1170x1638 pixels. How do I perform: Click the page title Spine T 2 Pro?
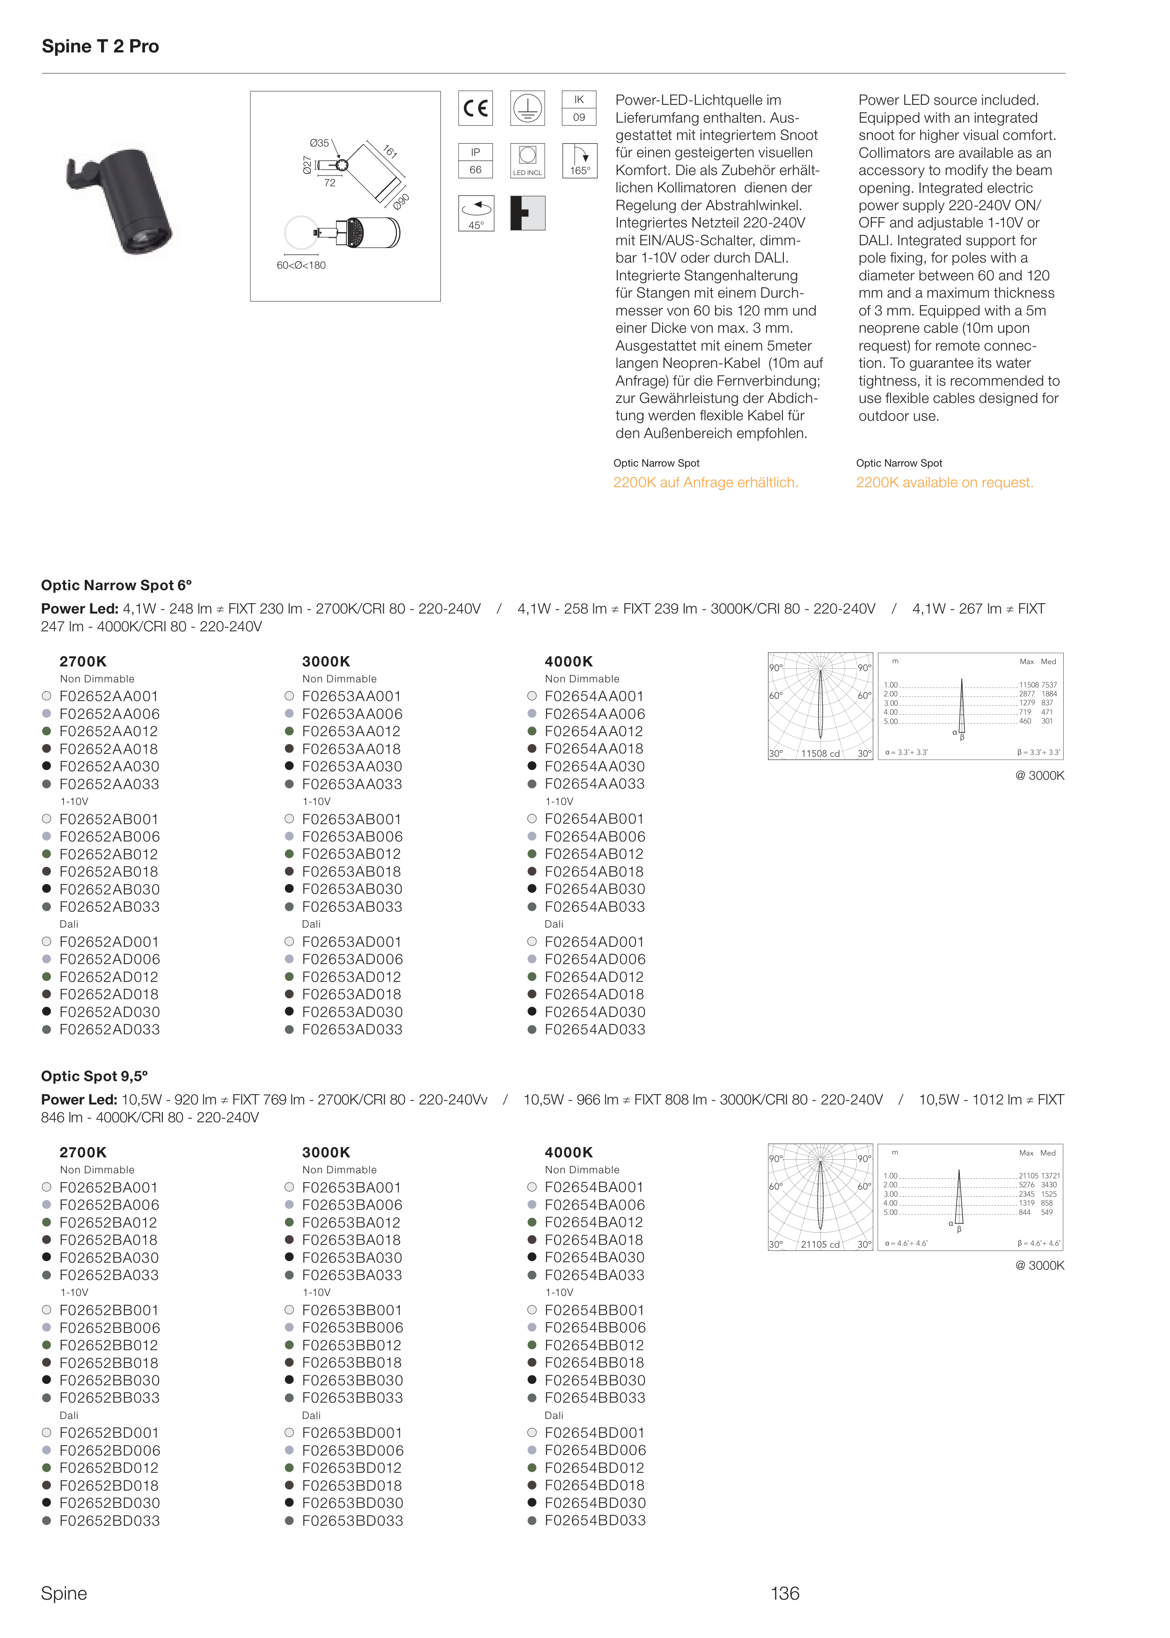point(100,46)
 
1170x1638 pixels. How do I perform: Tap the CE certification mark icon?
point(475,108)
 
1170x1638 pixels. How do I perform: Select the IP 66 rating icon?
point(475,161)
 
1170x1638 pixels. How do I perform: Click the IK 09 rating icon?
point(579,108)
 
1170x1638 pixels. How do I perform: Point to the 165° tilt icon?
point(579,161)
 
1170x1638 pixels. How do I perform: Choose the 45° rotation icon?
point(475,213)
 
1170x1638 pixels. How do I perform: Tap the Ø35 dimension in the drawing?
point(319,143)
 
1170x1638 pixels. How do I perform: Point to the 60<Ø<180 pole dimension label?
point(301,265)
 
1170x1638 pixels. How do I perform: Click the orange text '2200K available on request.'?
point(944,483)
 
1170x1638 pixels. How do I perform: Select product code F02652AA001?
point(109,696)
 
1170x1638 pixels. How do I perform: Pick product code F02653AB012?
point(351,854)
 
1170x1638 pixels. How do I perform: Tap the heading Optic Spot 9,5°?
point(95,1076)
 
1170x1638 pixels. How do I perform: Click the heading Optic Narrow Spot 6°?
point(117,585)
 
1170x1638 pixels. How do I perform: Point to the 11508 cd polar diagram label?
point(820,753)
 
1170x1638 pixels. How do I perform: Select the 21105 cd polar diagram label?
point(820,1244)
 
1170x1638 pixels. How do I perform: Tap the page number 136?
point(784,1594)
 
